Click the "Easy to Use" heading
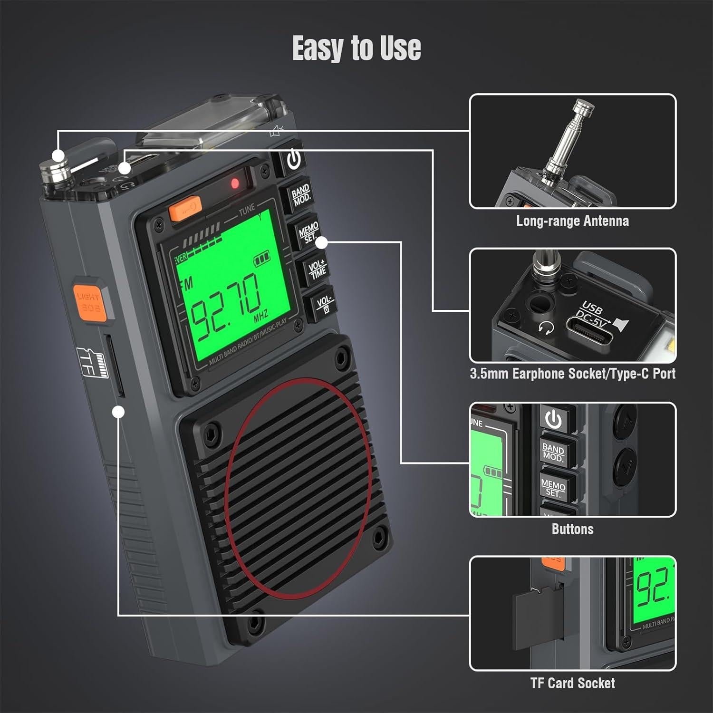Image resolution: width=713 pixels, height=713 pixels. (x=356, y=48)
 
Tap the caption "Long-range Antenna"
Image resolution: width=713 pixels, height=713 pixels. (x=572, y=221)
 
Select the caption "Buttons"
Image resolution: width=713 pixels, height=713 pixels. (x=572, y=529)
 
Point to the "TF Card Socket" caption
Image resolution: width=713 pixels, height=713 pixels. (x=572, y=684)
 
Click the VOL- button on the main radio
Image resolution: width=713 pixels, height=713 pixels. (x=325, y=303)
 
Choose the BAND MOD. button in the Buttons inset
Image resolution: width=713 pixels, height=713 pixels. (x=553, y=453)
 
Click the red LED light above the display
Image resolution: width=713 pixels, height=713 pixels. (x=235, y=183)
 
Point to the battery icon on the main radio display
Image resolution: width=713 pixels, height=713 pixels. (x=261, y=260)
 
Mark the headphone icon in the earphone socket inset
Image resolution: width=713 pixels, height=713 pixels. (x=545, y=327)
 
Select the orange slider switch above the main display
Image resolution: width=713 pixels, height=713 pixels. (x=185, y=208)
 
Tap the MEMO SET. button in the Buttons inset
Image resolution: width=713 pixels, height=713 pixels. (x=553, y=488)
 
